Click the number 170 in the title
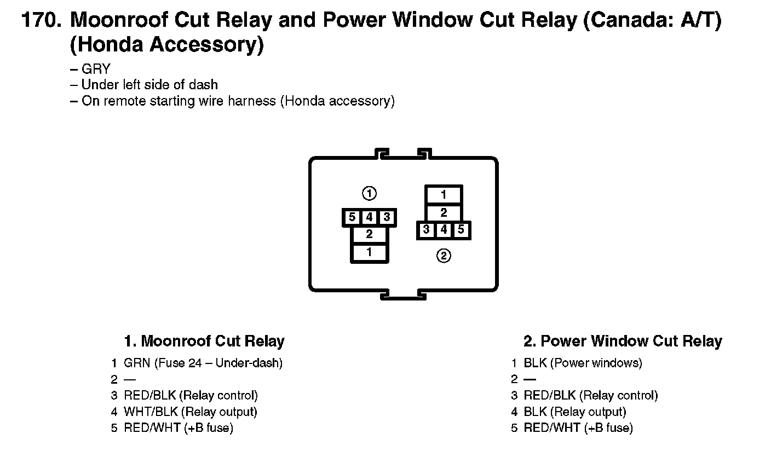tap(41, 20)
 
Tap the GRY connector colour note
tap(96, 69)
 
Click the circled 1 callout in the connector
tap(369, 193)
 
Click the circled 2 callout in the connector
tap(444, 256)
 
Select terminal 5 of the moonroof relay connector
tap(352, 217)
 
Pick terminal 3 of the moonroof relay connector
tap(387, 217)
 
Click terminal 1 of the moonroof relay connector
tap(369, 252)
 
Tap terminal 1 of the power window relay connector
tap(444, 195)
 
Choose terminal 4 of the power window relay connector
tap(444, 230)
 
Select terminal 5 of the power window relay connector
tap(461, 230)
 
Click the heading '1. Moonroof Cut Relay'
tap(204, 341)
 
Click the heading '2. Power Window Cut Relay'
tap(623, 341)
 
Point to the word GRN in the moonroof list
tap(137, 363)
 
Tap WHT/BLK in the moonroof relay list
tap(151, 412)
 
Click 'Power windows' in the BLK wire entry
tap(596, 363)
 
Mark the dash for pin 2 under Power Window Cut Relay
tap(530, 379)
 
